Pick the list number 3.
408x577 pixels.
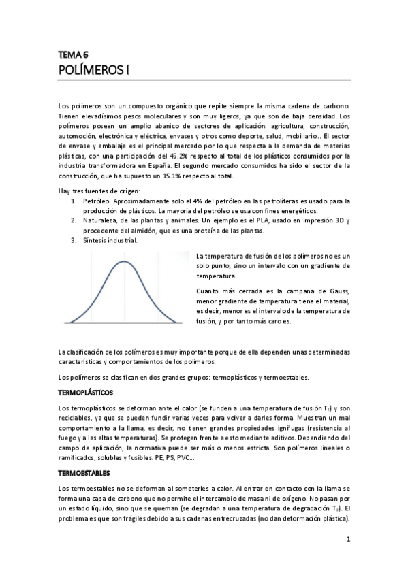click(x=74, y=240)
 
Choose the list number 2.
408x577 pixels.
click(x=74, y=221)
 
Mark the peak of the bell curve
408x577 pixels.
click(x=123, y=261)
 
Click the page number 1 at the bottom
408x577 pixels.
click(x=347, y=541)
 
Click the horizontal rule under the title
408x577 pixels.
click(x=204, y=81)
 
